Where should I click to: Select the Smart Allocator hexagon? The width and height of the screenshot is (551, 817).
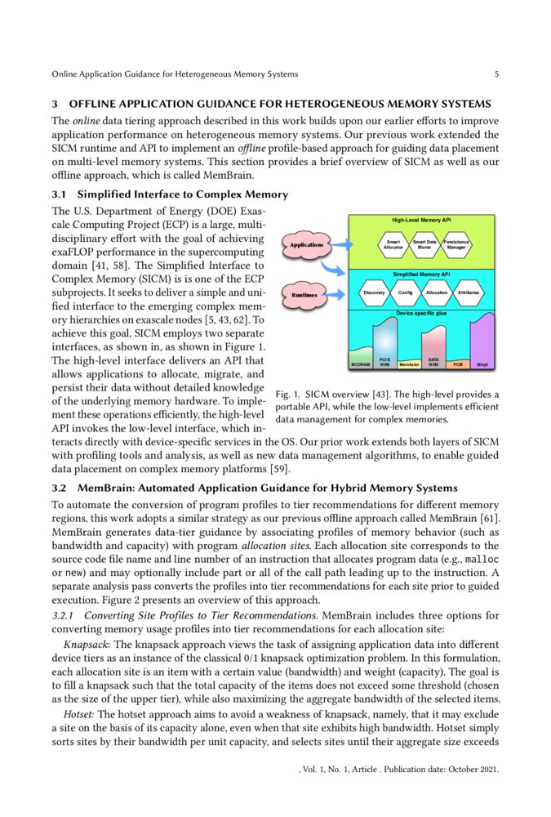[x=393, y=243]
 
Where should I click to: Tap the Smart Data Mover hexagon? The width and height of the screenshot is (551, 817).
[x=424, y=243]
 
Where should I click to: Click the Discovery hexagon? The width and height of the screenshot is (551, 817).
[x=373, y=292]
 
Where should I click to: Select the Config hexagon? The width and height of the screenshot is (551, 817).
[x=405, y=292]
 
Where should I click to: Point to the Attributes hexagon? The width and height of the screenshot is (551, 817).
[x=468, y=292]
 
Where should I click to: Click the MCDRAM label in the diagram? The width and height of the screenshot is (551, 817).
[x=360, y=364]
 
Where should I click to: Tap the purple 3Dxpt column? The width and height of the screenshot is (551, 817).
[x=483, y=343]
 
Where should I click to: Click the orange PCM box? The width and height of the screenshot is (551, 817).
[x=458, y=364]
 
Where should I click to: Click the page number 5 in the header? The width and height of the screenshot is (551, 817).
[x=496, y=74]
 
